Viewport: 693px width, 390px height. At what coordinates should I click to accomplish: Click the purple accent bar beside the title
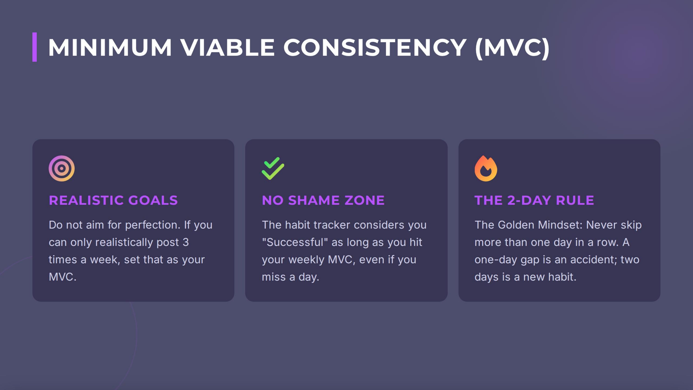pyautogui.click(x=34, y=47)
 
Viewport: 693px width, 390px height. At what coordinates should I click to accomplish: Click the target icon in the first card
pyautogui.click(x=62, y=168)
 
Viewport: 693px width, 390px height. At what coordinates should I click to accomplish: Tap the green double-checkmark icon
pyautogui.click(x=273, y=168)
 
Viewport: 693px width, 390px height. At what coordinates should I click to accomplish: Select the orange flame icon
pyautogui.click(x=486, y=168)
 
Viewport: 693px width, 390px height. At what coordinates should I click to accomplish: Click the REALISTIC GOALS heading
pyautogui.click(x=113, y=200)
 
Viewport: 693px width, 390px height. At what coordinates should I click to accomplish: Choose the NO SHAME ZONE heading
pyautogui.click(x=323, y=200)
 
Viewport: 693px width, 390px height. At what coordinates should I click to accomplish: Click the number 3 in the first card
pyautogui.click(x=186, y=242)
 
